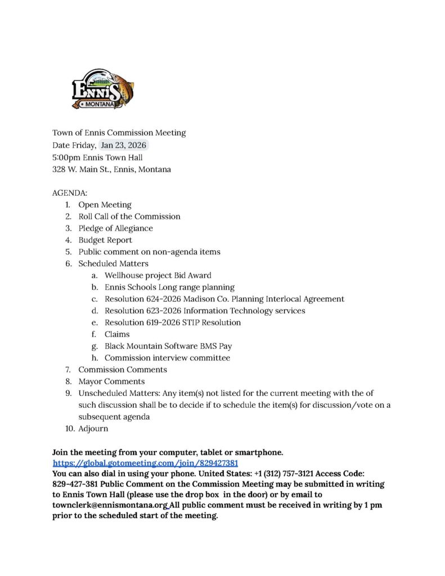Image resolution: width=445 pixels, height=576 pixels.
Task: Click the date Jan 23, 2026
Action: tap(123, 145)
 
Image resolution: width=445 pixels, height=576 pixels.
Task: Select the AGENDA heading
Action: tap(66, 192)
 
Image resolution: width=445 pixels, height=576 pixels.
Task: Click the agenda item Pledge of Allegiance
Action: tap(115, 228)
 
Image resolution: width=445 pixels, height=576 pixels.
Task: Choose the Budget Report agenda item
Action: tap(105, 240)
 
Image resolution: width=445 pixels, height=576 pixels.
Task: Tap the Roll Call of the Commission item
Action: tap(129, 216)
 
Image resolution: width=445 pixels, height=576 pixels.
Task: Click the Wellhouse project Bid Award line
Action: tap(158, 275)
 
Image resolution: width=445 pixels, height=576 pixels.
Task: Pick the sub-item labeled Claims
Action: tap(117, 334)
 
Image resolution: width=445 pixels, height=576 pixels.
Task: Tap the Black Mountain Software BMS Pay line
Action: tap(168, 346)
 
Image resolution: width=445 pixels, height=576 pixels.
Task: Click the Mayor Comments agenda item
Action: tap(111, 381)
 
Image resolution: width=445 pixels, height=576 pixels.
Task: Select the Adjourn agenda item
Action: tap(93, 429)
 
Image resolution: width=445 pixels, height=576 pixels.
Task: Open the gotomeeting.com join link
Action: tap(145, 463)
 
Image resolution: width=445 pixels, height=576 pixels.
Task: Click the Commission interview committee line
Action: tap(167, 358)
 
